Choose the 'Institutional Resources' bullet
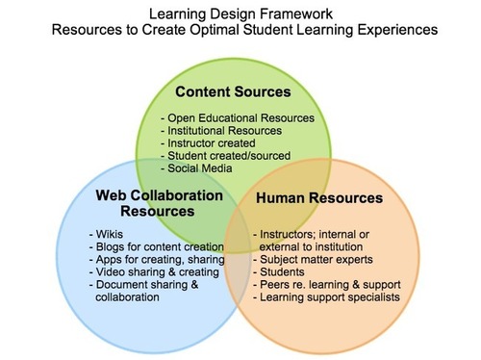[220, 130]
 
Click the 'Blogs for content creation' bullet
[155, 246]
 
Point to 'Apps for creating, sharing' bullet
[155, 259]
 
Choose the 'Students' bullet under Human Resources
[281, 271]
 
